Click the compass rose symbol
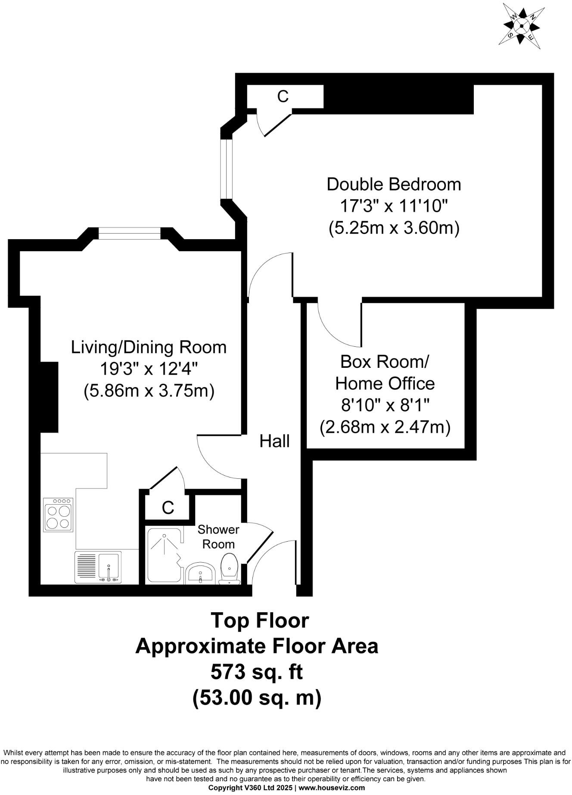[522, 26]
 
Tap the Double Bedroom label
[394, 184]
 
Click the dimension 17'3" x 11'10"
[394, 206]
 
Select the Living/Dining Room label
[149, 347]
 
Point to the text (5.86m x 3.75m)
[149, 391]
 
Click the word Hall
[274, 441]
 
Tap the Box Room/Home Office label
[385, 373]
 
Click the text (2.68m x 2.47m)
[385, 427]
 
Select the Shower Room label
[218, 536]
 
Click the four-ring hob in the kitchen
[58, 515]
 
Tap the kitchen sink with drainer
[98, 567]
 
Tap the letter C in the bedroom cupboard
[283, 96]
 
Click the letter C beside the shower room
[168, 508]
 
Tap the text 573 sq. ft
[257, 672]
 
